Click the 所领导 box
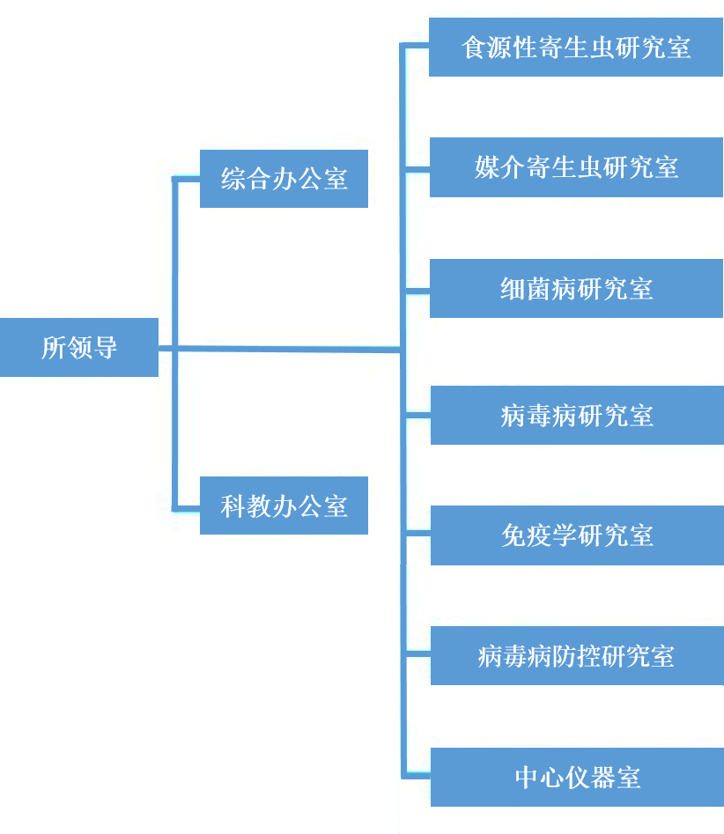point(79,347)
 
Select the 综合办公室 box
point(284,179)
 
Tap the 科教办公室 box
point(284,506)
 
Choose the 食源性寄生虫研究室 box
point(576,47)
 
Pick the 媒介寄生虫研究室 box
point(576,166)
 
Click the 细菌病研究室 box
point(576,288)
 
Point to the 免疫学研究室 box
point(577,535)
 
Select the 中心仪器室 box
point(577,777)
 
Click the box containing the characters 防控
point(577,656)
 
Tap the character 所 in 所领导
point(54,347)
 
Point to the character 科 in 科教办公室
point(233,506)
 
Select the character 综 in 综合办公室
point(233,180)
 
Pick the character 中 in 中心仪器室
point(527,778)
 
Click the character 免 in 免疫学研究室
point(513,535)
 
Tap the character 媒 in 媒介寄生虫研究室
point(487,167)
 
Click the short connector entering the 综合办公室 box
point(187,180)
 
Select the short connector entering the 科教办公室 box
point(187,507)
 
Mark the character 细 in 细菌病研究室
point(513,289)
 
